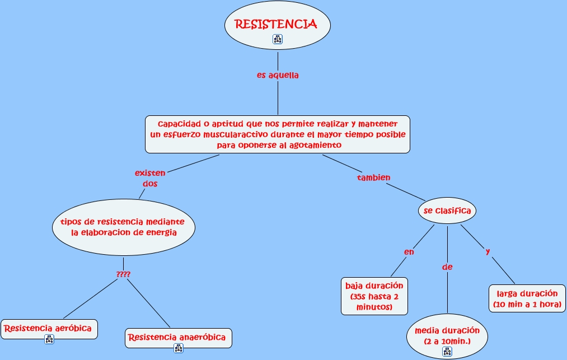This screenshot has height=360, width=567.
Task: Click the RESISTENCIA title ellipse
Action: click(x=277, y=25)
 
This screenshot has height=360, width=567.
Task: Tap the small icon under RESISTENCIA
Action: click(x=278, y=39)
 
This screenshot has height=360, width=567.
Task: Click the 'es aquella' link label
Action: click(x=278, y=76)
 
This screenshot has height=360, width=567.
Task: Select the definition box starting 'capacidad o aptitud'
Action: click(x=278, y=134)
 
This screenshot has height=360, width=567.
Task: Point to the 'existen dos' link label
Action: click(x=150, y=178)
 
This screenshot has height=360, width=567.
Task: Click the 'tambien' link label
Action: click(x=373, y=177)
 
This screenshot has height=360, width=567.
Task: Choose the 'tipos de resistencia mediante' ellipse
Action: click(x=124, y=227)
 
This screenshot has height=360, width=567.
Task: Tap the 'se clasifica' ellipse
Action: click(x=447, y=211)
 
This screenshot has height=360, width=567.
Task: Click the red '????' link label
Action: click(x=123, y=274)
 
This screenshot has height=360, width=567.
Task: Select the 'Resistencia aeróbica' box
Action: click(x=49, y=328)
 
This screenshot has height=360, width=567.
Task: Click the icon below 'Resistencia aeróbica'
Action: click(x=49, y=339)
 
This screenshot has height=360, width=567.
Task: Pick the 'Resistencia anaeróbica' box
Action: click(x=177, y=337)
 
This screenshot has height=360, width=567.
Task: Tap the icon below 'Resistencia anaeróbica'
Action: click(x=178, y=348)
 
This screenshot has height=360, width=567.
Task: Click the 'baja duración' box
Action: click(x=374, y=296)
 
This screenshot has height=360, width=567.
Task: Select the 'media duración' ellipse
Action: click(x=447, y=335)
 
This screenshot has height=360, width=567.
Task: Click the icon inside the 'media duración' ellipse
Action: click(x=447, y=351)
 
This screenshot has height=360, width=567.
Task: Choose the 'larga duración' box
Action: click(x=527, y=298)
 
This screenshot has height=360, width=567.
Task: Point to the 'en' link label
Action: click(x=409, y=252)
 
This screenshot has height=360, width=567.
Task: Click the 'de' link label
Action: click(x=447, y=267)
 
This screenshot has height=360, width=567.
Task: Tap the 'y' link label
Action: click(x=488, y=251)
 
